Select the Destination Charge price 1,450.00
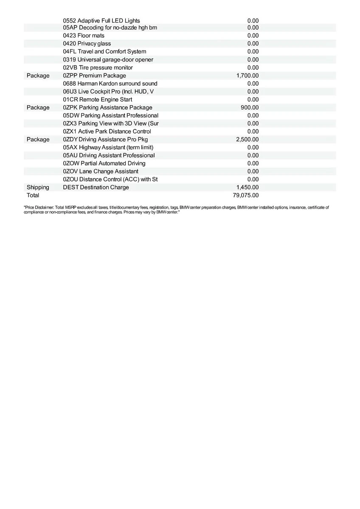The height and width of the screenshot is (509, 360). click(x=247, y=187)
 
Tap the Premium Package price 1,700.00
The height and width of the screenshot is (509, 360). click(x=247, y=76)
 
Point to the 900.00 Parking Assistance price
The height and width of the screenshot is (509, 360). click(x=250, y=108)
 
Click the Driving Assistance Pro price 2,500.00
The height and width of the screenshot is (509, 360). click(x=247, y=140)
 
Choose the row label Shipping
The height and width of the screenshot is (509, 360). click(x=38, y=187)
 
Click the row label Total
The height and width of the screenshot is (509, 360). click(x=33, y=196)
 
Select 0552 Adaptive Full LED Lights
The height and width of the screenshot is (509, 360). click(x=101, y=21)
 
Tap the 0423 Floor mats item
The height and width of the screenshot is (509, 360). click(x=84, y=36)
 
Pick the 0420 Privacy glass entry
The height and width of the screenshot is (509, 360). click(x=87, y=44)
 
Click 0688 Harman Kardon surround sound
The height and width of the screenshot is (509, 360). click(x=110, y=84)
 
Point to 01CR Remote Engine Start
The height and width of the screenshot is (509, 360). click(x=98, y=100)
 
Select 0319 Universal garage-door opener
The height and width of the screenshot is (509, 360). click(x=108, y=60)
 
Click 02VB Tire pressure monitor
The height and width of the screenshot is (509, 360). click(x=98, y=68)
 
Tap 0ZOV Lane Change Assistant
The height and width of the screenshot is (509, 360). click(x=101, y=171)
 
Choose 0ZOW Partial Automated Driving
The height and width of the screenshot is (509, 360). click(x=104, y=163)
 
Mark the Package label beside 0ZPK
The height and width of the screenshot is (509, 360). click(x=38, y=108)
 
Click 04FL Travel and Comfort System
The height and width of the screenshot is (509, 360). click(x=104, y=52)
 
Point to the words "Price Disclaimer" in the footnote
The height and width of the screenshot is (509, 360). click(x=39, y=208)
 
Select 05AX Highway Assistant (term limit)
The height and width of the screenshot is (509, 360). click(x=108, y=148)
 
